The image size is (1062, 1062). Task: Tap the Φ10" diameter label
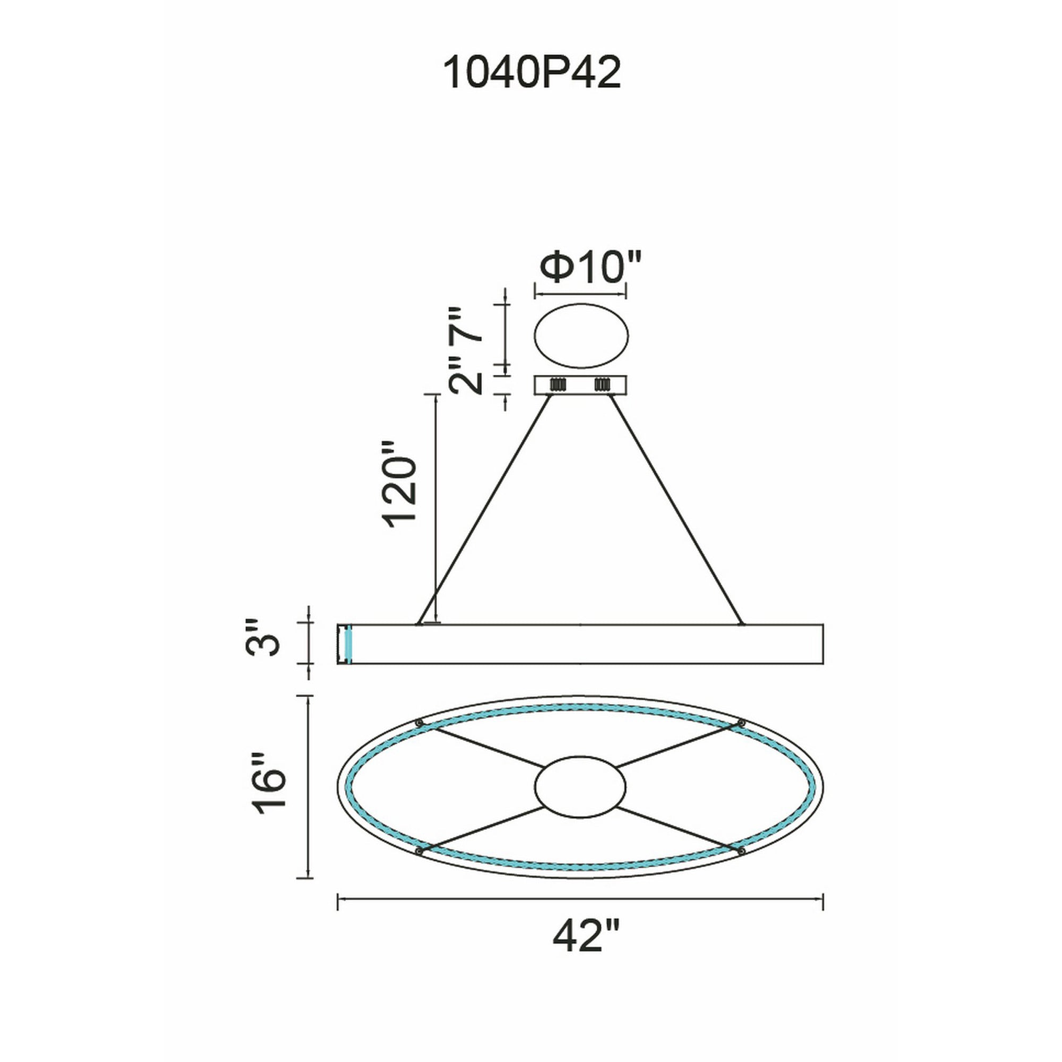point(590,268)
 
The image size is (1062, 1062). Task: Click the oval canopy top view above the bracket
point(581,335)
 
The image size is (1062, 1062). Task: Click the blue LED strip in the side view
point(348,644)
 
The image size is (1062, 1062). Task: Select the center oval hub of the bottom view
point(580,786)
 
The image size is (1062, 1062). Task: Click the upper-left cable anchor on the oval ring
point(420,723)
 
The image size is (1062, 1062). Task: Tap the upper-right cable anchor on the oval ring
point(741,723)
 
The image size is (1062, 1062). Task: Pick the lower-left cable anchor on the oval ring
point(419,851)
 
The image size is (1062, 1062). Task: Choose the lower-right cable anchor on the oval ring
point(741,851)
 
